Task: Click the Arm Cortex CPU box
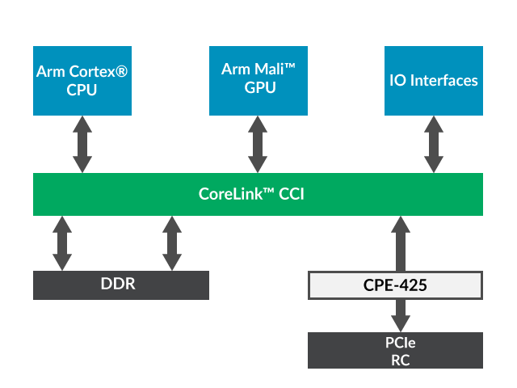point(82,81)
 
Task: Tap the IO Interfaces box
point(433,81)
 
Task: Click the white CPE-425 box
point(395,285)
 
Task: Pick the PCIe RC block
point(395,351)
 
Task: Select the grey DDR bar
point(121,285)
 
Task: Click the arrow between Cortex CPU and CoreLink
point(82,144)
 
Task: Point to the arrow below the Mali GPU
point(258,144)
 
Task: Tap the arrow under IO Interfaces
point(434,144)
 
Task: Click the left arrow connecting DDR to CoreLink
point(62,242)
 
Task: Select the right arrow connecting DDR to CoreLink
point(172,242)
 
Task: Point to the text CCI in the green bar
point(292,194)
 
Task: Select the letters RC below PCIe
point(400,360)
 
